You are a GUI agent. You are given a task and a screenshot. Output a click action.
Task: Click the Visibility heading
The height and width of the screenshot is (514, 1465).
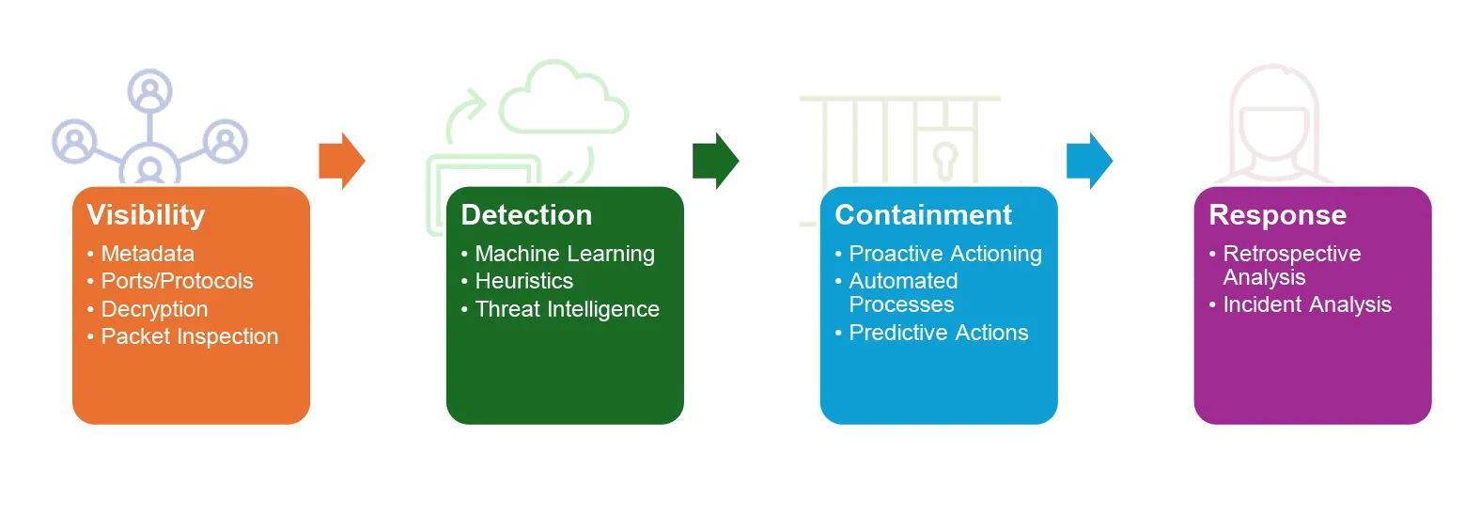coord(146,215)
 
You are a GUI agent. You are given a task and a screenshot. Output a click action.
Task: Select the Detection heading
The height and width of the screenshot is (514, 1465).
coord(526,215)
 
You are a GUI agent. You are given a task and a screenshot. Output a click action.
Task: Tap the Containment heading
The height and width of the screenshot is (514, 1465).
coord(924,215)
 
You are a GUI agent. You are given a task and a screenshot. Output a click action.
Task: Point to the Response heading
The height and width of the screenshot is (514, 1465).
coord(1278,216)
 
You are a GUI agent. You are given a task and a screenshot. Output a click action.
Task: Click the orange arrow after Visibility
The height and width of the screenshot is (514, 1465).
coord(342,161)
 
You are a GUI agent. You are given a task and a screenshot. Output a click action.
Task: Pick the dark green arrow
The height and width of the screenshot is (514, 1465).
coord(715,161)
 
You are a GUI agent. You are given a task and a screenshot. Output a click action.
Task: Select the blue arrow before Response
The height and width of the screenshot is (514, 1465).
coord(1090,161)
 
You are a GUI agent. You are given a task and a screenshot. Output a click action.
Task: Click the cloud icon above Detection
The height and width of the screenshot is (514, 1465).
coord(564,97)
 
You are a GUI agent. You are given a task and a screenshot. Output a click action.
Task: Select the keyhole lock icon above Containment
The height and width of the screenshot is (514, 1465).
coord(945,161)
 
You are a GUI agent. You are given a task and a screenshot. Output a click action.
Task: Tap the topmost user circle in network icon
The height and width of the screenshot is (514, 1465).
coord(149,90)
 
